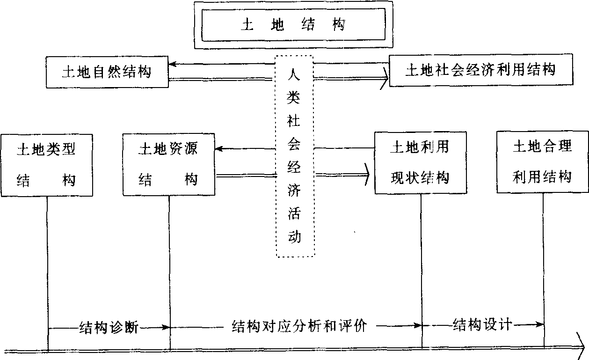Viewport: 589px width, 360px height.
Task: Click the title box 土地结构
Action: [293, 24]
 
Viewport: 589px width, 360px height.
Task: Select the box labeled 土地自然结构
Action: [107, 72]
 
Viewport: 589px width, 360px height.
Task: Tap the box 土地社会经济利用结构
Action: [480, 71]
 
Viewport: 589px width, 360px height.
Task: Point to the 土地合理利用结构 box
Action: [542, 162]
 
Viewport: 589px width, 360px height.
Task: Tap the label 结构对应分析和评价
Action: [299, 326]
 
